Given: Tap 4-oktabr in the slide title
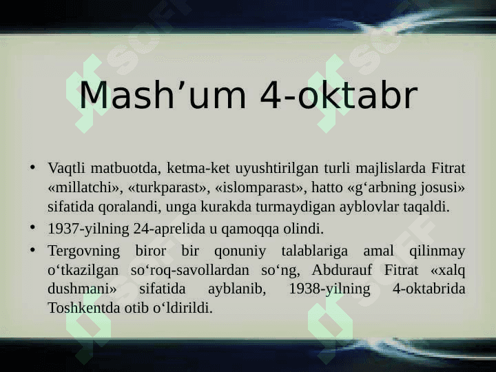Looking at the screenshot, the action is (339, 95).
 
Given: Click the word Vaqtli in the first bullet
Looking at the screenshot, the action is (66, 168).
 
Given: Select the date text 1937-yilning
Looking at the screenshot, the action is (89, 229).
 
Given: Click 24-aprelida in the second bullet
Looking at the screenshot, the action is (169, 229).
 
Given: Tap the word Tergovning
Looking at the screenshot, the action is (84, 251).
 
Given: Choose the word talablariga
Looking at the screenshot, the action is (314, 251).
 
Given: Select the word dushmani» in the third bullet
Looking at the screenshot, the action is (82, 289).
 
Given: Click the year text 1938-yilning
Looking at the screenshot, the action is (329, 289).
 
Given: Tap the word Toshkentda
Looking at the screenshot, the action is (84, 308).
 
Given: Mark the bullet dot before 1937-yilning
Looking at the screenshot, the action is (32, 227).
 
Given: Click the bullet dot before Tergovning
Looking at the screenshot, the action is (32, 250).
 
